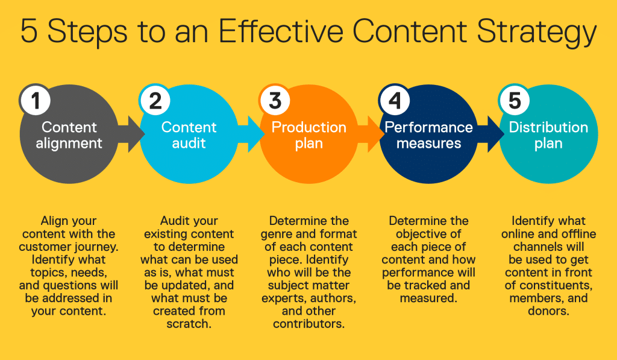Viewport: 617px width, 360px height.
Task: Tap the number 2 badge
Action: (x=155, y=100)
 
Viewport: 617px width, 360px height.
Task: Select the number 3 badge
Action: (x=275, y=100)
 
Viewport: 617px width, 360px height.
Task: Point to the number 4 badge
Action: (x=395, y=100)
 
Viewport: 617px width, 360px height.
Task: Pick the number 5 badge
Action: (x=515, y=100)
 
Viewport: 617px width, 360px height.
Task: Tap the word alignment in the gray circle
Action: (x=69, y=144)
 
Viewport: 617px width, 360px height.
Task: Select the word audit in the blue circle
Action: (x=189, y=144)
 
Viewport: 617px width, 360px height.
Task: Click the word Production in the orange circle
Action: (x=308, y=127)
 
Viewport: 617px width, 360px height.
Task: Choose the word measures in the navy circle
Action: (x=428, y=144)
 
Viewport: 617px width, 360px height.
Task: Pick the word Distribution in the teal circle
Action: (x=548, y=127)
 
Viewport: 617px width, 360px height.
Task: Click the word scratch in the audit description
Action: (x=189, y=324)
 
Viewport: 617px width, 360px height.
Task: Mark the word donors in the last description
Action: (x=548, y=311)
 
